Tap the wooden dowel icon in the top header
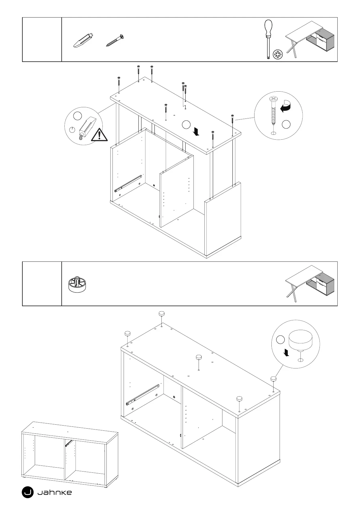pyautogui.click(x=83, y=40)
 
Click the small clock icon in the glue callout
pyautogui.click(x=72, y=130)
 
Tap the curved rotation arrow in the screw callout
pyautogui.click(x=286, y=107)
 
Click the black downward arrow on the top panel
pyautogui.click(x=197, y=131)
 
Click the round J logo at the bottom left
pyautogui.click(x=28, y=492)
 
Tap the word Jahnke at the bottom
pyautogui.click(x=54, y=493)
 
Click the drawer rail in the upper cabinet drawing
pyautogui.click(x=128, y=183)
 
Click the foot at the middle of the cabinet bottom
pyautogui.click(x=199, y=358)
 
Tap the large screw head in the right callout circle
pyautogui.click(x=274, y=99)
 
